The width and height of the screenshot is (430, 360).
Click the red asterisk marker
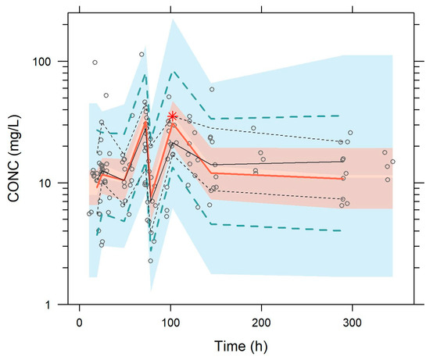coord(172,116)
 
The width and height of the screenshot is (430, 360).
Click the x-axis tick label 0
coord(79,323)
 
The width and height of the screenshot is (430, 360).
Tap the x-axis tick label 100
coord(170,323)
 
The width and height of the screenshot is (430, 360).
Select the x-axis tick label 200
coord(261,323)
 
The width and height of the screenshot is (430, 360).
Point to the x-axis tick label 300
coord(352,323)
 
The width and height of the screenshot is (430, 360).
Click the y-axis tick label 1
coord(48,305)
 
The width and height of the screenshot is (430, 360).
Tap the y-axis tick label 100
coord(41,62)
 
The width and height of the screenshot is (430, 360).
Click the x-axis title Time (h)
coord(241,346)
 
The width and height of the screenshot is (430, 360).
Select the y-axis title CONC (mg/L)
coord(14,159)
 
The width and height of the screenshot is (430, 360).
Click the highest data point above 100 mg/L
coord(142,55)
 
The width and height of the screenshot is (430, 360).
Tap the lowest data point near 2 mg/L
coord(151,261)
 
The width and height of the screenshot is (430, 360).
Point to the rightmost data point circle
coord(392,162)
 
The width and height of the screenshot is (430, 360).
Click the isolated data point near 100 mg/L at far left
coord(95,62)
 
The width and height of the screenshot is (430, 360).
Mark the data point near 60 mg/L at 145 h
coord(212,89)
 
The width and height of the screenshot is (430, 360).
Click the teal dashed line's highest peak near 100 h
coord(174,72)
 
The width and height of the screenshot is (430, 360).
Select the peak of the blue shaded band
coord(173,20)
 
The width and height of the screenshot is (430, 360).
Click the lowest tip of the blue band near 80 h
coord(151,290)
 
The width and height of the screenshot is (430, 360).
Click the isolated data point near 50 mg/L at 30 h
coord(106,95)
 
